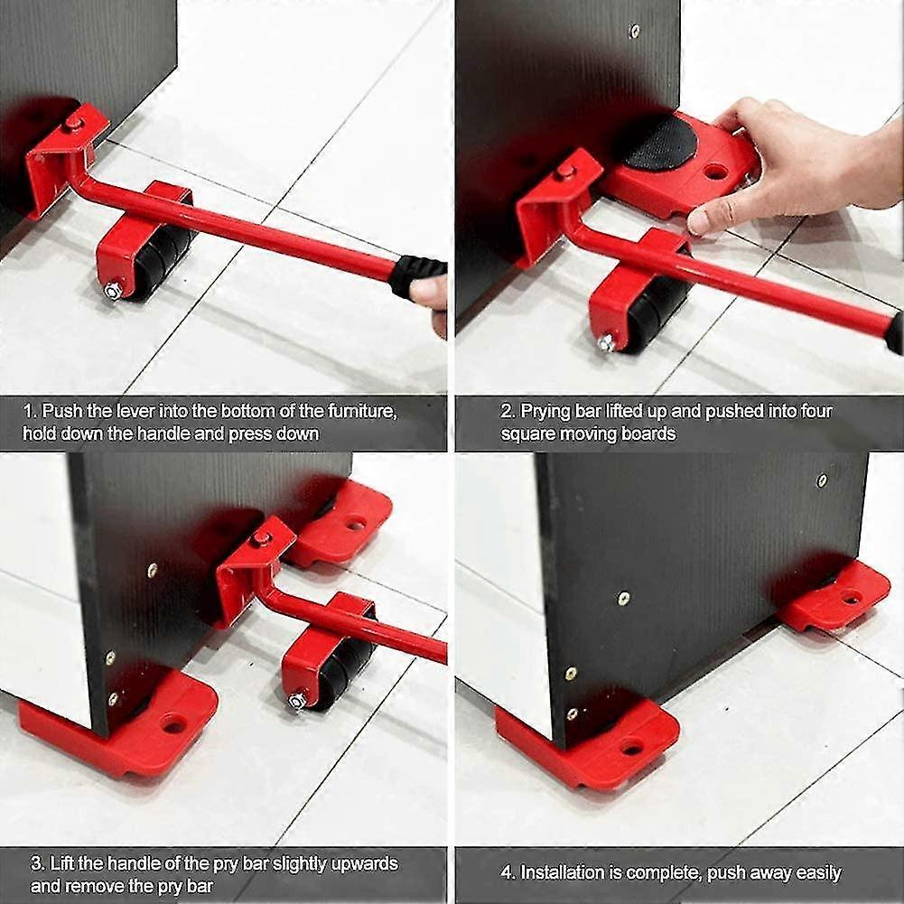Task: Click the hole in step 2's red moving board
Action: click(716, 170)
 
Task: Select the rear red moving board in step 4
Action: click(835, 596)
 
